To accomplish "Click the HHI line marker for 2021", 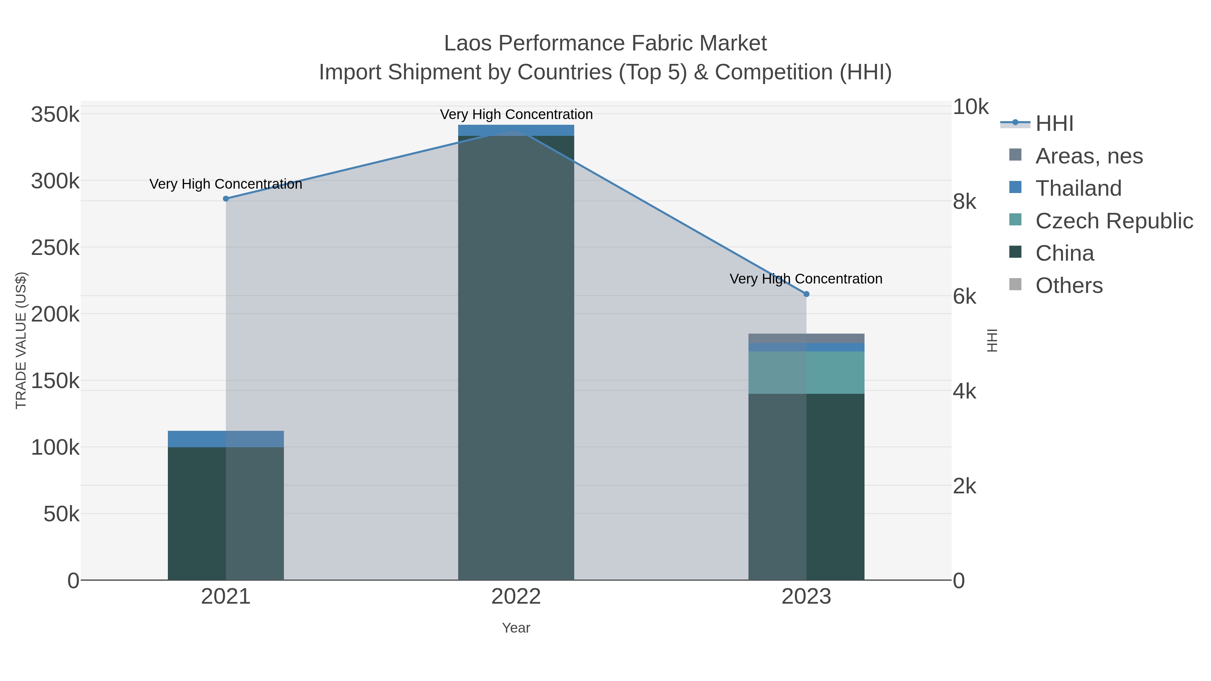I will point(226,199).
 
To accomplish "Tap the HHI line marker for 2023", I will point(806,294).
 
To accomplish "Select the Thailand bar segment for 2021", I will point(226,439).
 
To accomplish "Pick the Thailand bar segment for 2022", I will point(516,130).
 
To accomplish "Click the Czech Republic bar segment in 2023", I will point(806,372).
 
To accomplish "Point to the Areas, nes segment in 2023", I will point(806,338).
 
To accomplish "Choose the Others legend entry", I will point(1069,286).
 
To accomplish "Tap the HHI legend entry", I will point(1054,124).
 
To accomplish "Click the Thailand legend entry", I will point(1078,188).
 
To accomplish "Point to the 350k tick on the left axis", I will point(55,115).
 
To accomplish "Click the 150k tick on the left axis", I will point(55,381).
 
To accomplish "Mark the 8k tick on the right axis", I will point(964,202).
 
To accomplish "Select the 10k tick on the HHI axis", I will point(970,107).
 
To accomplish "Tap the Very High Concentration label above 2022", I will point(516,115).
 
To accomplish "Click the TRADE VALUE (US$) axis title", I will point(21,340).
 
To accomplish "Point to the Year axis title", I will point(516,628).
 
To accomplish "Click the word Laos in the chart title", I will point(468,44).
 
